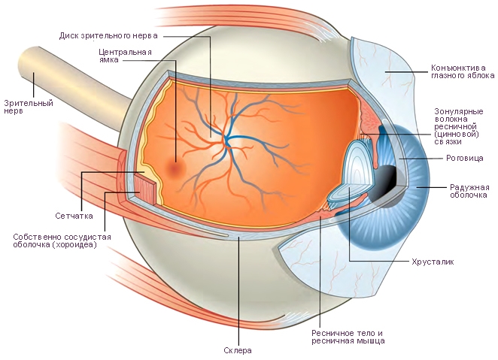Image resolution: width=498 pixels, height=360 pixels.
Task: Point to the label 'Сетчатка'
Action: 74,216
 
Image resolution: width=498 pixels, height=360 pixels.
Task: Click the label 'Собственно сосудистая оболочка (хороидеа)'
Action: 62,241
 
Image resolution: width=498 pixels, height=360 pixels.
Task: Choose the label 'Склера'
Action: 238,351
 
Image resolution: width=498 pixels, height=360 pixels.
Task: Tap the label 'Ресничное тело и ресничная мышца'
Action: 348,337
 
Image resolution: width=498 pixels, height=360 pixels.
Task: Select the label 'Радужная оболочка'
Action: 469,191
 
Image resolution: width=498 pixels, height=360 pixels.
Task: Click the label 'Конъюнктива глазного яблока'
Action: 463,71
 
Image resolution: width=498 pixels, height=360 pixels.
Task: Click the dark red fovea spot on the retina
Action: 177,169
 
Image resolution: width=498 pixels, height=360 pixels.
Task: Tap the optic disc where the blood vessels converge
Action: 225,139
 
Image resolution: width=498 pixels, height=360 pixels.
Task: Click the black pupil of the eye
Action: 387,177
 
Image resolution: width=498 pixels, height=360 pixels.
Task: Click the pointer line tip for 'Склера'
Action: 238,239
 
